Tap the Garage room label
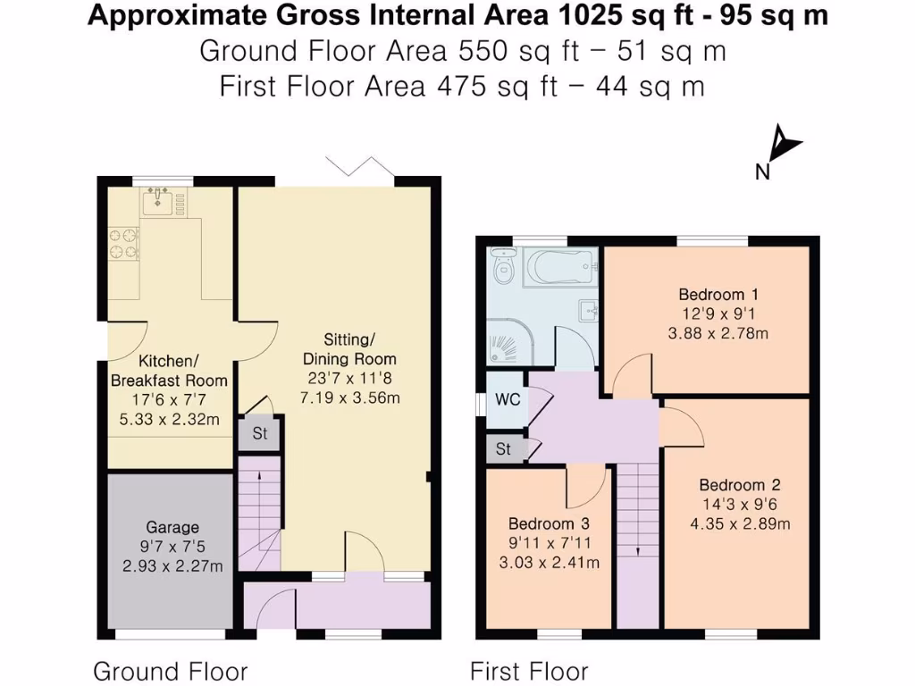click(x=172, y=527)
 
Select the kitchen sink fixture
click(x=157, y=202)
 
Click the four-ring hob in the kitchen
click(x=123, y=244)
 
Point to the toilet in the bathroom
click(x=502, y=264)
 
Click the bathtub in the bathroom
click(x=560, y=266)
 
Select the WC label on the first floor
click(x=508, y=399)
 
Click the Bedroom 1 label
click(x=719, y=294)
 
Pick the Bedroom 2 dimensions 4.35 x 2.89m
click(x=740, y=523)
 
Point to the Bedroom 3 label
click(x=549, y=523)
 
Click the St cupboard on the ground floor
click(x=260, y=433)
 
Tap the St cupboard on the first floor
click(x=503, y=448)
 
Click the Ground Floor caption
click(x=171, y=672)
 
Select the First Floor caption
click(x=529, y=672)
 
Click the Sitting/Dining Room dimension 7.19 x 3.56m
click(x=350, y=397)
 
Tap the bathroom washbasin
click(x=588, y=310)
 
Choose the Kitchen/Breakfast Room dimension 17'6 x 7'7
click(x=169, y=400)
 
